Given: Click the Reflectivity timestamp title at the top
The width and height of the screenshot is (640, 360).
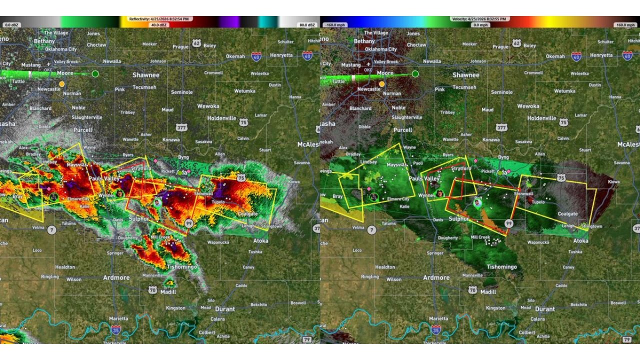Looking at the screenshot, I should pos(159,19).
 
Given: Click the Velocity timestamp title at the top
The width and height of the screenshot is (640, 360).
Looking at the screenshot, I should pos(479,19).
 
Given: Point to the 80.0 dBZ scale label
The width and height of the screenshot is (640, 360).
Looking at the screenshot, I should pos(307,24).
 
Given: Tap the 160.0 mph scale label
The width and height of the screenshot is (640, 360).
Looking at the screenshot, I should pos(626,24).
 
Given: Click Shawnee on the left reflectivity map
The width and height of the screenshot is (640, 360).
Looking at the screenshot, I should pos(145,75).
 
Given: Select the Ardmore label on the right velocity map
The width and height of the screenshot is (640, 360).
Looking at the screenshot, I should pos(436,277).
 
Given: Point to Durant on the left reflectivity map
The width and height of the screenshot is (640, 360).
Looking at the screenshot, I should pos(224,309).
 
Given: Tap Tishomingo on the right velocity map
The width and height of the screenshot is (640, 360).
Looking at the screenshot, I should pos(501,267).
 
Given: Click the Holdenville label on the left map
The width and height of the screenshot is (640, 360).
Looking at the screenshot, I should pos(221,118).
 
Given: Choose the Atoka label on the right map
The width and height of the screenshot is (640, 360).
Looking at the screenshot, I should pos(580,240).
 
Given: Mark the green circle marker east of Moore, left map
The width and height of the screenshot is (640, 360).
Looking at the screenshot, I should pos(95,74).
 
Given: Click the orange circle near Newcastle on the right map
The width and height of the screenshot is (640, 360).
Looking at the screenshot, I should pos(381,84).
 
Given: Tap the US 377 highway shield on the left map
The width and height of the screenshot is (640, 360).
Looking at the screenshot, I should pos(181,127).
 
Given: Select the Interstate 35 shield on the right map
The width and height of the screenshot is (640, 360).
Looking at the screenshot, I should pos(436,329).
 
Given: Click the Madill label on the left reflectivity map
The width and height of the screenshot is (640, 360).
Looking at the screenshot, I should pos(168,292).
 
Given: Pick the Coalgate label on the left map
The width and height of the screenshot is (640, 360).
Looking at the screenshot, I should pos(247,214).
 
